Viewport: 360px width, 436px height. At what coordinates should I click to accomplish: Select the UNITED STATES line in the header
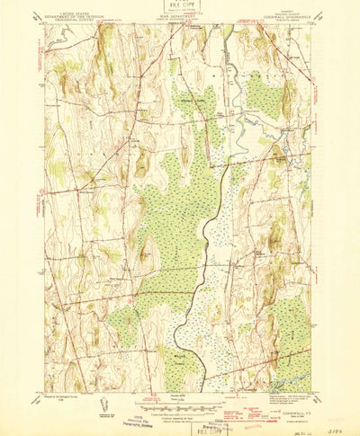coord(76,15)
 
